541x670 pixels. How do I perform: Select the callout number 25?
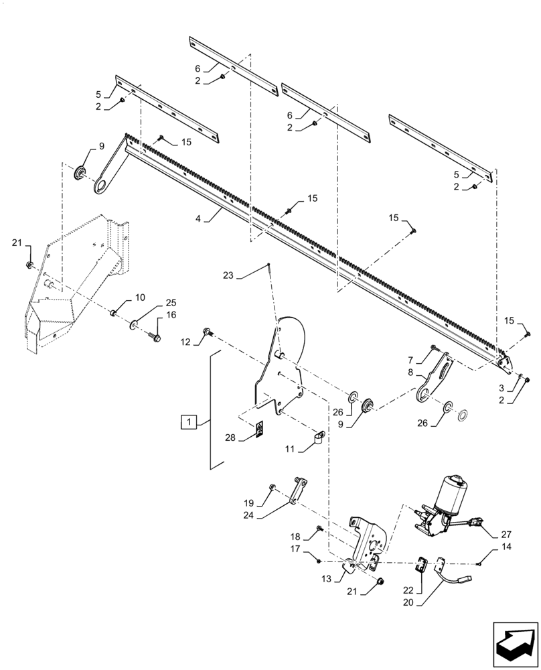coord(171,302)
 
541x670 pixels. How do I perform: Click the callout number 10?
coord(139,297)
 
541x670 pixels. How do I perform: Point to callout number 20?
coord(408,602)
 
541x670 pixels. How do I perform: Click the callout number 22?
coord(408,590)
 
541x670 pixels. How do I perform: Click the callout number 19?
coord(249,503)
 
